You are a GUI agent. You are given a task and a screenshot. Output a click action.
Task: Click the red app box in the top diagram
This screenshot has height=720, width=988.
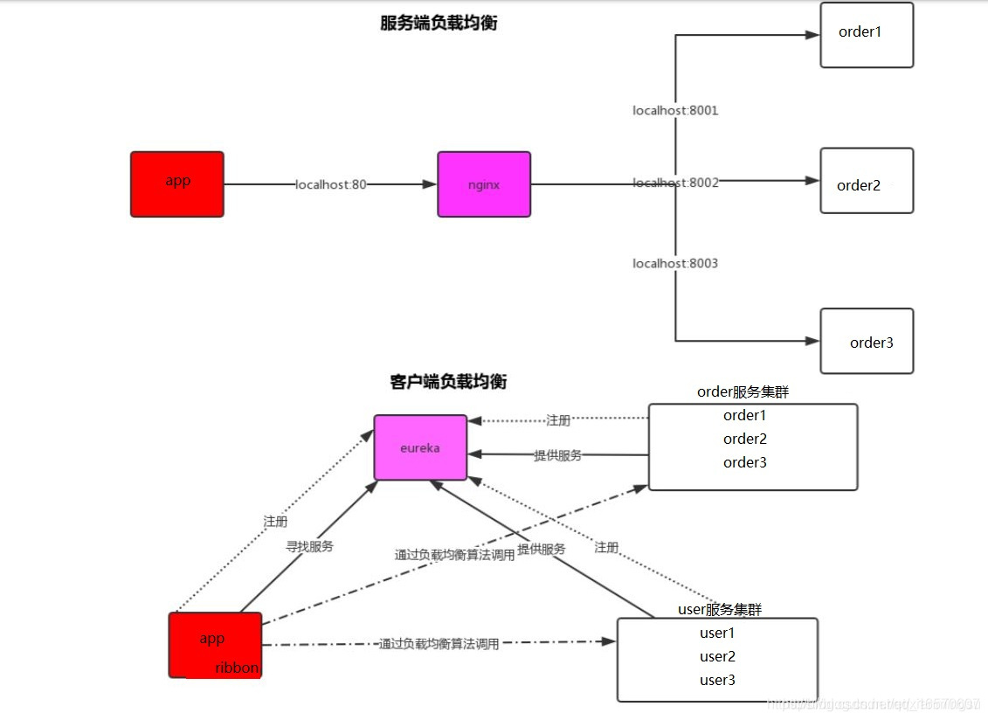click(177, 183)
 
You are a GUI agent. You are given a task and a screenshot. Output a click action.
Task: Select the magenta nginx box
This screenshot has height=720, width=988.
click(484, 184)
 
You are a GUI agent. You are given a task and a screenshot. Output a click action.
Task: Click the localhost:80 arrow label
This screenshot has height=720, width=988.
click(331, 184)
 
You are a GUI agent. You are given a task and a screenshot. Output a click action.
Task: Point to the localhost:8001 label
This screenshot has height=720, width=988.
click(675, 111)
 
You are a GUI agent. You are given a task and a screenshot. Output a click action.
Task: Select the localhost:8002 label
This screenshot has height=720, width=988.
click(675, 183)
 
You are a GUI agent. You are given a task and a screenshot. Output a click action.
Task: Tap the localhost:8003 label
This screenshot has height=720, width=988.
click(675, 263)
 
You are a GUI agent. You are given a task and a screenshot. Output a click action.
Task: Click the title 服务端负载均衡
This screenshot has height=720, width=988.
click(439, 24)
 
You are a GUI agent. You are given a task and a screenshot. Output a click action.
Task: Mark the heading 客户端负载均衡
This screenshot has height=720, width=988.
click(448, 382)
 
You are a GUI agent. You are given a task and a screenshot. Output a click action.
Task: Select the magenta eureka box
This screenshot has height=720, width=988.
click(420, 447)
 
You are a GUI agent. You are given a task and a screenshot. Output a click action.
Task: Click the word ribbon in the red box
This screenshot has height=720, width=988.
click(237, 668)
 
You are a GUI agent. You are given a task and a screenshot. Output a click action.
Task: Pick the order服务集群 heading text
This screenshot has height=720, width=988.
click(743, 392)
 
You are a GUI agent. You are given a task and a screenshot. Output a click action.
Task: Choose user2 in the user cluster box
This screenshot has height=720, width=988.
click(717, 656)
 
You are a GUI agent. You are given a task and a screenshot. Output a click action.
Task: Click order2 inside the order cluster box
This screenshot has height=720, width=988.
click(744, 439)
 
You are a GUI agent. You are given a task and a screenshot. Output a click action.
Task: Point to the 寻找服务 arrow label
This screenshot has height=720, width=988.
click(310, 546)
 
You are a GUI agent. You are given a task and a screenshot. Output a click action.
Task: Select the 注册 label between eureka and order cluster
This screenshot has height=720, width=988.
click(558, 420)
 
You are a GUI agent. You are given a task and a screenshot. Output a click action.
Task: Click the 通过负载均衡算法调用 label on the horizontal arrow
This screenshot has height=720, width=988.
click(439, 644)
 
